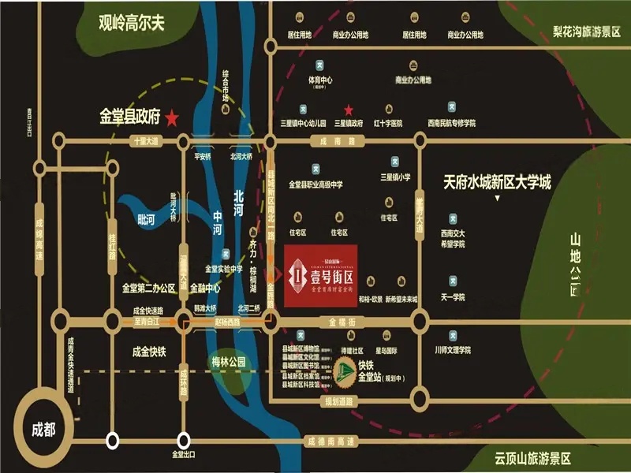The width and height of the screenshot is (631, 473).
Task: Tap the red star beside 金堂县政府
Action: [173, 118]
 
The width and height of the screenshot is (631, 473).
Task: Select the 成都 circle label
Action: [43, 430]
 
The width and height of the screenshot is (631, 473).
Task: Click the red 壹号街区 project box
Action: [320, 275]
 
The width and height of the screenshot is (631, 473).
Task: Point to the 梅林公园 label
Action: [229, 362]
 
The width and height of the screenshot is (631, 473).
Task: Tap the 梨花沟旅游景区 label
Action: [588, 32]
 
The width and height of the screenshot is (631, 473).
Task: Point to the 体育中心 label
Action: [320, 80]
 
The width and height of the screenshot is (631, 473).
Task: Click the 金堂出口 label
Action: [184, 455]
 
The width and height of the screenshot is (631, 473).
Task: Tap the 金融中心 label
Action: [205, 289]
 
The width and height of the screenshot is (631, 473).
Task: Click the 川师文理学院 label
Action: [452, 349]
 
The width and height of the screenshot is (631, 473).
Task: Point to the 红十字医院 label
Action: [388, 123]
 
